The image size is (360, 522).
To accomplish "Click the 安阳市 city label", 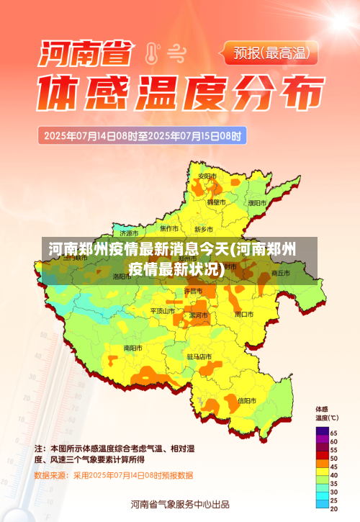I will [x=207, y=176].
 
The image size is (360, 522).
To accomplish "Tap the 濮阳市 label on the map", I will [x=256, y=203].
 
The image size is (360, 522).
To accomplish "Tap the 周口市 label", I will [x=244, y=314].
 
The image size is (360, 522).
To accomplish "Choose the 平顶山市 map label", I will [x=163, y=311].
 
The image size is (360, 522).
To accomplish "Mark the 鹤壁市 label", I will [x=217, y=203].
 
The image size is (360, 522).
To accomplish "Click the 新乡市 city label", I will [x=204, y=229].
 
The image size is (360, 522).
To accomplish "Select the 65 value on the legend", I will [x=334, y=431].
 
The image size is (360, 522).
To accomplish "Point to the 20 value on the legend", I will [x=334, y=508].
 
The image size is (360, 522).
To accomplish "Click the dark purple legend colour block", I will [x=321, y=432].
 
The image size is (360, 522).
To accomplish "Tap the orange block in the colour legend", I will [x=321, y=467].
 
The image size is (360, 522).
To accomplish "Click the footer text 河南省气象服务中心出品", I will [x=180, y=504].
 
